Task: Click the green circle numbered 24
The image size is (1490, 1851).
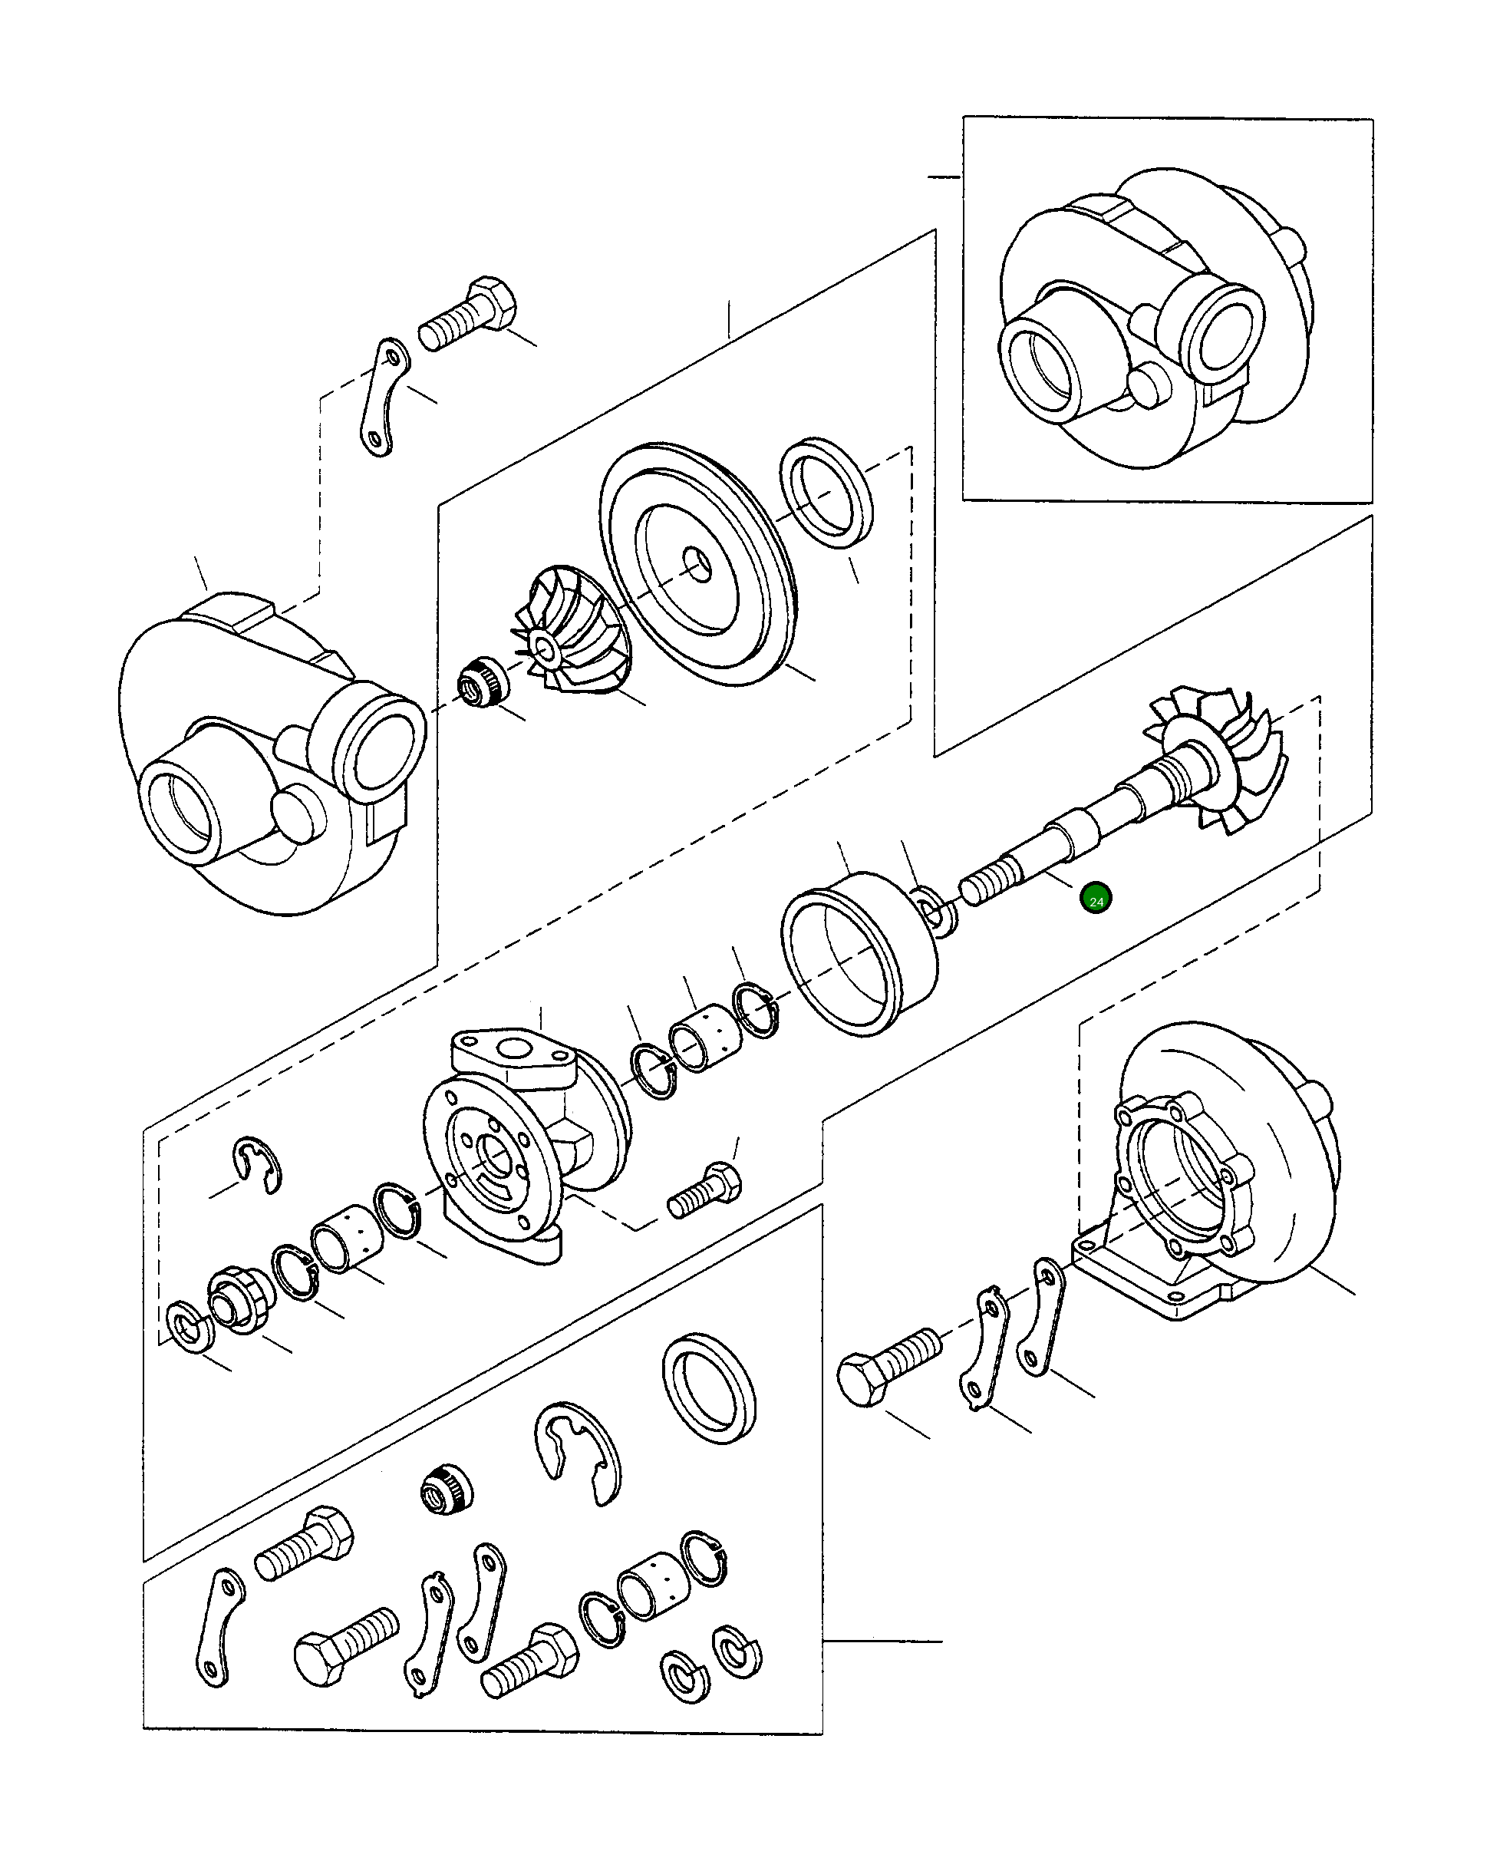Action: click(1096, 899)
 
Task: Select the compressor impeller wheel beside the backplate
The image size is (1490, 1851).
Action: click(567, 635)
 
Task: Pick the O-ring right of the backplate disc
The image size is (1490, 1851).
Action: click(826, 493)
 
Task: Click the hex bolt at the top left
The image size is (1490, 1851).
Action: click(470, 314)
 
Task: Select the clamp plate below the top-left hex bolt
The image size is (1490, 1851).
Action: click(382, 397)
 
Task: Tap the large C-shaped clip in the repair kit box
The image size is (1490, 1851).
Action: click(579, 1452)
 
